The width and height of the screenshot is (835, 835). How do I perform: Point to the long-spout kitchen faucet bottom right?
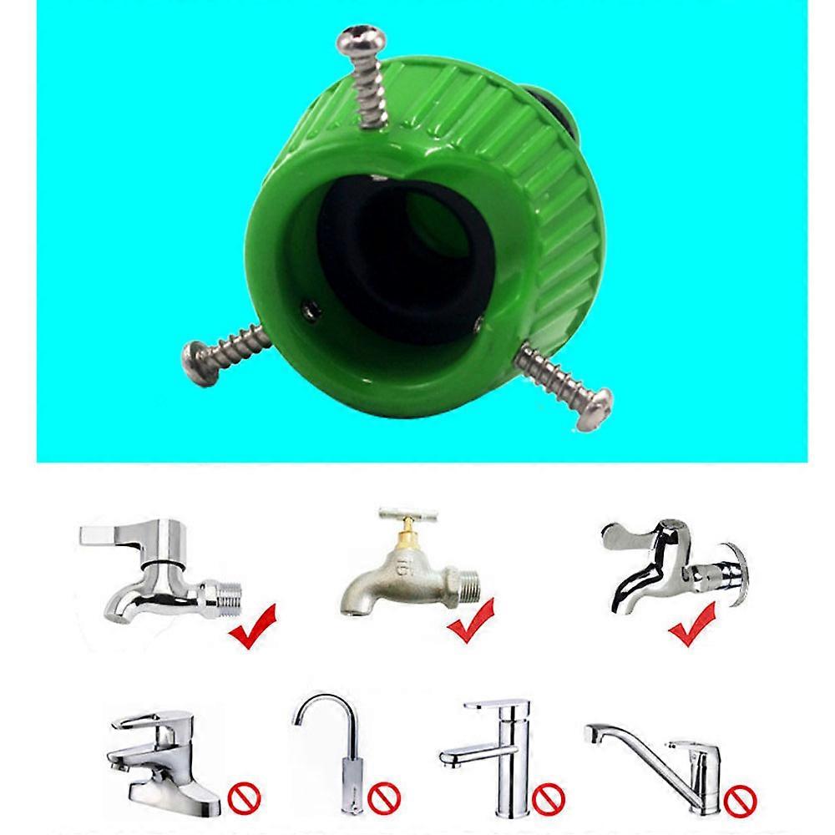(x=660, y=751)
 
